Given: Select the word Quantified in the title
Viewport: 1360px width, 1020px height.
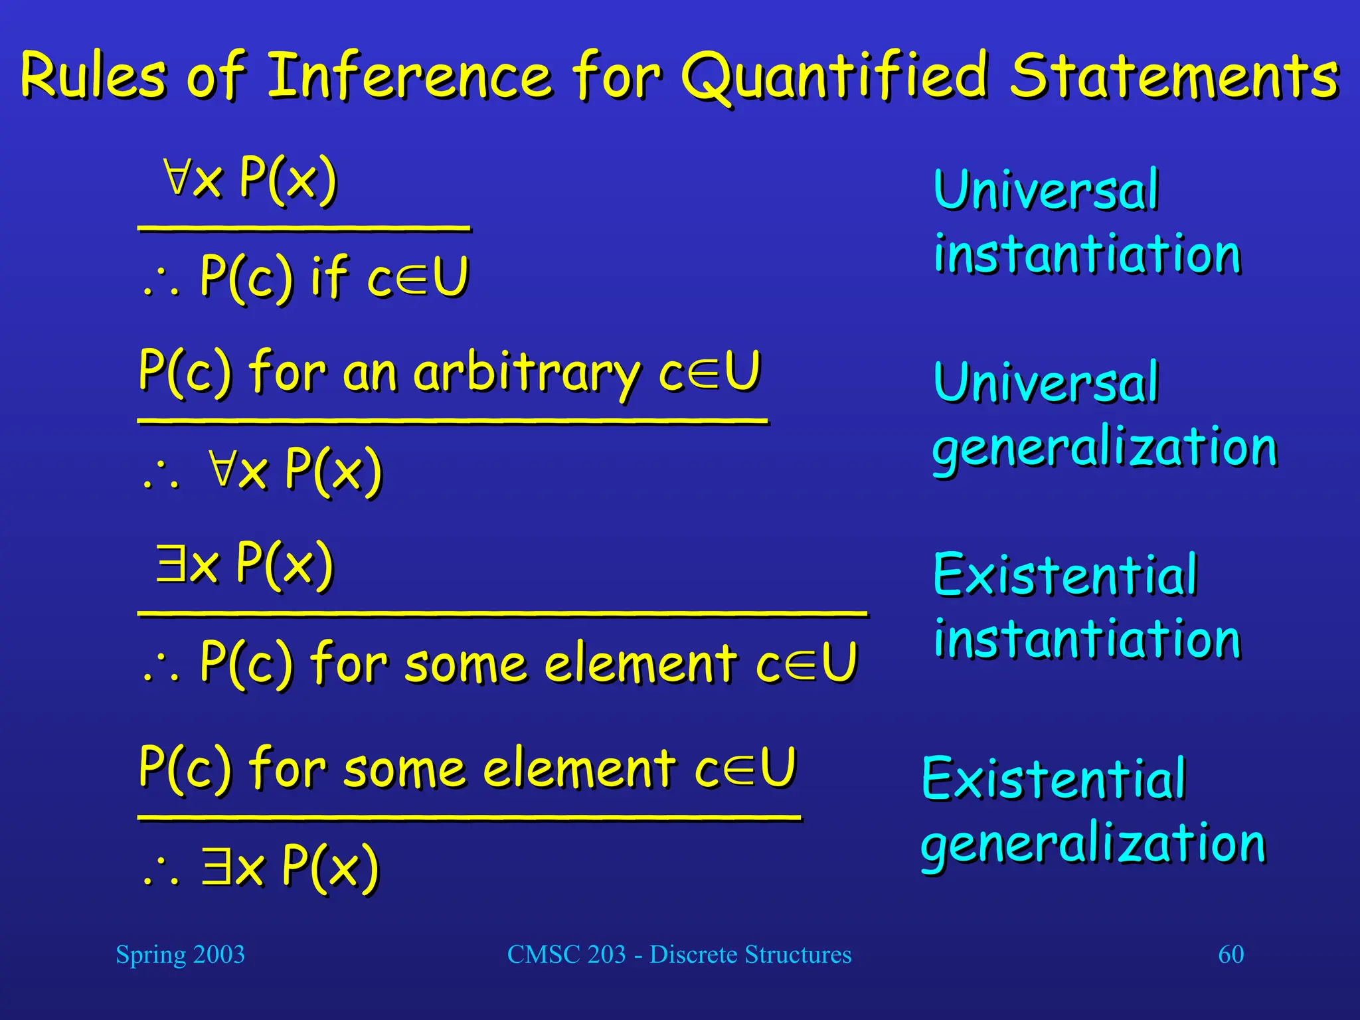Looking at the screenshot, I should [x=835, y=76].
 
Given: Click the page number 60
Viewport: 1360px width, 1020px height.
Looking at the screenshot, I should [x=1231, y=954].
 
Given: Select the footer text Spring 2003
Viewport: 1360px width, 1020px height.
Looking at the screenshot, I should [x=180, y=954].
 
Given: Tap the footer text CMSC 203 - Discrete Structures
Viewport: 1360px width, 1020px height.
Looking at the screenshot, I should [x=679, y=954].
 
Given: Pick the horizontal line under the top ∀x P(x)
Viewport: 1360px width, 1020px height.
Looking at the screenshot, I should [x=304, y=228].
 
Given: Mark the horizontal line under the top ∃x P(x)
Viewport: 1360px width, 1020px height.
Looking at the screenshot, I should [x=502, y=614].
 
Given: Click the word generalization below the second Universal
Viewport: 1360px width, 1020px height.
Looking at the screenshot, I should [x=1104, y=448].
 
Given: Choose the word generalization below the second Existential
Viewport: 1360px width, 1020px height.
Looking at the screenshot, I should [x=1093, y=843].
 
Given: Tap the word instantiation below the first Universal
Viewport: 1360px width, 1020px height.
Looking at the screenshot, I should [x=1087, y=254].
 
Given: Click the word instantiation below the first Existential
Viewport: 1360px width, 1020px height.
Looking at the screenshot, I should [x=1087, y=639].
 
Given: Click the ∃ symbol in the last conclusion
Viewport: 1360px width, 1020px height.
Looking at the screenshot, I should [x=216, y=866].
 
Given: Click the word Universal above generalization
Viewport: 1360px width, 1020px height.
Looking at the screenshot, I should [x=1046, y=382].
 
